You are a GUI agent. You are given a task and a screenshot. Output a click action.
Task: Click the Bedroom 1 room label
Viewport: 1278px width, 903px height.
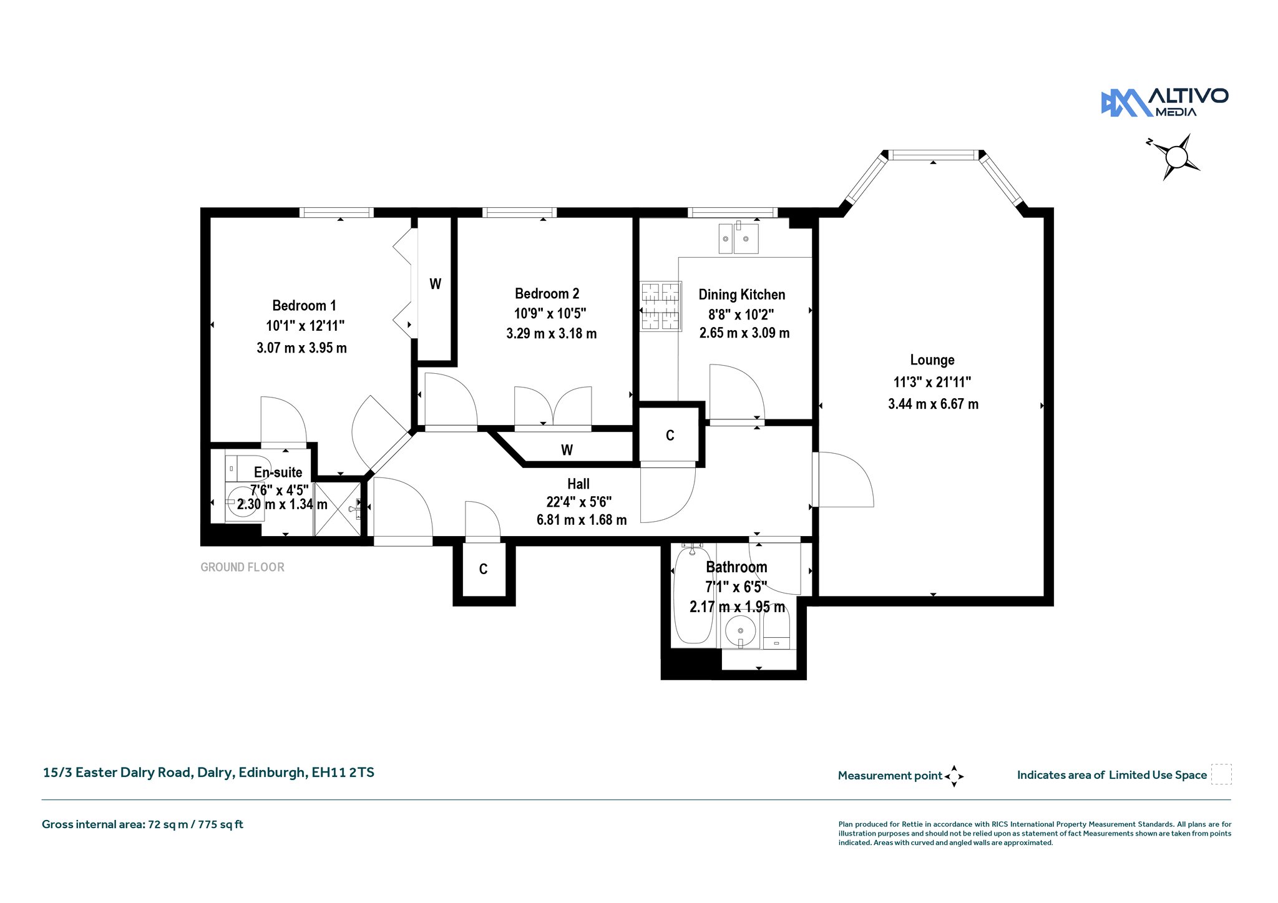click(304, 306)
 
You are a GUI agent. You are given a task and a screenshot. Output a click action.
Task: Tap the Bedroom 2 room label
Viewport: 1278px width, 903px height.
click(547, 294)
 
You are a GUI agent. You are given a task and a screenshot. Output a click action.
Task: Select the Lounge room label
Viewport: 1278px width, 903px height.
click(932, 360)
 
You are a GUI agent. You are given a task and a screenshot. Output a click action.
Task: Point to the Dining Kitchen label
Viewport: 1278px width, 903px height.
click(741, 295)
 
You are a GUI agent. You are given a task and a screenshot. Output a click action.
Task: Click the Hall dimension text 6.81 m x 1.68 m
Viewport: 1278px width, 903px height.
click(582, 520)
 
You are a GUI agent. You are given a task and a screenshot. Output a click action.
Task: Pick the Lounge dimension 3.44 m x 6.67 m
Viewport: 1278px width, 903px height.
click(933, 404)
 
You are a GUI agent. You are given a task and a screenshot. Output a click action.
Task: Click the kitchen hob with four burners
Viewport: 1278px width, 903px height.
click(660, 306)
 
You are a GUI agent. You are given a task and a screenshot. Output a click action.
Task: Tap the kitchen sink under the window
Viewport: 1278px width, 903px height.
click(739, 238)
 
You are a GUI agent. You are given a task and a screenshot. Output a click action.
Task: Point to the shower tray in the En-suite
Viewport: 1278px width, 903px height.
click(338, 509)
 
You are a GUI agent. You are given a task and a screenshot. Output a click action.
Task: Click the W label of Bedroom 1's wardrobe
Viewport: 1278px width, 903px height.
click(435, 285)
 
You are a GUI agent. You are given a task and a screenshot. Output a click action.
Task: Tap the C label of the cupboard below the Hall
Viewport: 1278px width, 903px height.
click(483, 569)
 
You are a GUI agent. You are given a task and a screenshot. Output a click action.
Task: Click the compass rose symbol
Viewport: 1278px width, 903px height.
click(1176, 157)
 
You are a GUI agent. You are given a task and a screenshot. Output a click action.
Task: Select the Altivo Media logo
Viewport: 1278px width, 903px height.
click(1164, 102)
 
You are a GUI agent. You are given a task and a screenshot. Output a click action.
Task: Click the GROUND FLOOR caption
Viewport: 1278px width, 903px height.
click(242, 567)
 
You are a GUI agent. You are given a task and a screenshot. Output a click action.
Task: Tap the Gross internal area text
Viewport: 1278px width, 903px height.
click(142, 824)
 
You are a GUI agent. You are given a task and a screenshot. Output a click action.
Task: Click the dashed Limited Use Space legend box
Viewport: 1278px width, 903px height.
click(1221, 774)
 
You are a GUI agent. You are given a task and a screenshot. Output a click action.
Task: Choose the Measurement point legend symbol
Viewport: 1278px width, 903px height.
click(954, 776)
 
